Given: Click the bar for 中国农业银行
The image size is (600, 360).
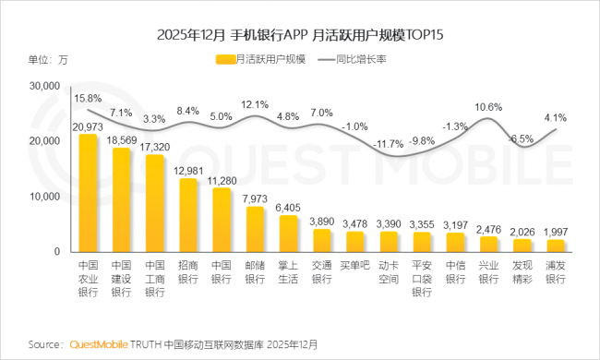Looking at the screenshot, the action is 88,193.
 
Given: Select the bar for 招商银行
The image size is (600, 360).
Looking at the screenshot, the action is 188,215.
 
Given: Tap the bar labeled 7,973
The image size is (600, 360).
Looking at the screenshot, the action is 255,229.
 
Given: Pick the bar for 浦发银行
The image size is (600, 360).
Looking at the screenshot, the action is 556,246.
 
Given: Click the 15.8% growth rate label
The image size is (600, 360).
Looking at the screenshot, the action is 88,99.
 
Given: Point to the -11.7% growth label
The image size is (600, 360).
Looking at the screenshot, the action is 388,144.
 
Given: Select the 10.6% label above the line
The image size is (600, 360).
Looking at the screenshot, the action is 488,107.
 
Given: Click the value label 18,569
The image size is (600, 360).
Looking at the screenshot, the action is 121,140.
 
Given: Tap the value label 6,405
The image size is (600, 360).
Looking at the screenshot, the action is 288,208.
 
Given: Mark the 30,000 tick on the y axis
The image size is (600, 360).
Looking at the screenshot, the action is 45,86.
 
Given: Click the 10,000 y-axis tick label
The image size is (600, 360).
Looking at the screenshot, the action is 45,197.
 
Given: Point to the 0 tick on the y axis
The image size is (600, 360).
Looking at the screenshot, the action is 57,251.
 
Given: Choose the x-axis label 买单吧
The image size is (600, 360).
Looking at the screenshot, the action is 354,265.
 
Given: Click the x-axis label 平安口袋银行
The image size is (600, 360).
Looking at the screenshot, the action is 422,279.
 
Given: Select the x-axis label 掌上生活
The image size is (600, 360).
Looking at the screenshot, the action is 288,272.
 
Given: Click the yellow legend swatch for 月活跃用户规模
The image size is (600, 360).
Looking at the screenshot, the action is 225,59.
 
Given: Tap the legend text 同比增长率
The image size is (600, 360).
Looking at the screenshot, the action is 361,59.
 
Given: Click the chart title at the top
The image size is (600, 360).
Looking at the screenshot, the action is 300,35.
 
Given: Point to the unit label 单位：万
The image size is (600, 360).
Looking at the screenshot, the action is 48,60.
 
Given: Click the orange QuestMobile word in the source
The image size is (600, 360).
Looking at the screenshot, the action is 99,344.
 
